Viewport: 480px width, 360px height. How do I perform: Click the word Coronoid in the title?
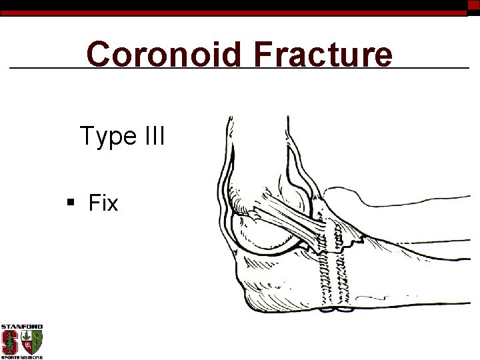pos(163,55)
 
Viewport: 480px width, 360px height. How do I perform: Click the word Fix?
pos(103,203)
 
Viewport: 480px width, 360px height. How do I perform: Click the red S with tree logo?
pos(10,343)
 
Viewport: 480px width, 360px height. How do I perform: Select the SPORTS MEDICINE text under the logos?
pos(21,357)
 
